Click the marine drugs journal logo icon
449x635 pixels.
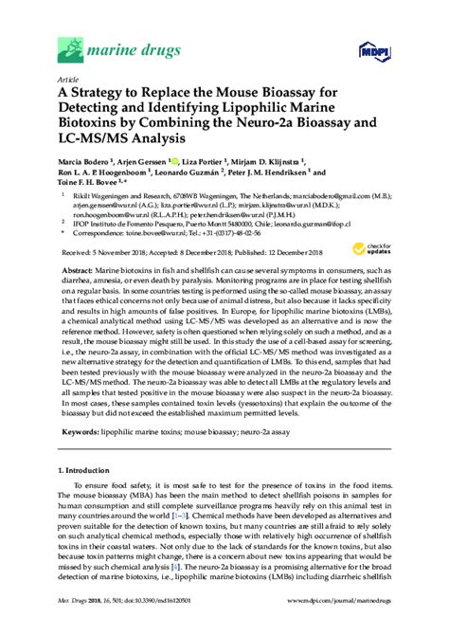pyautogui.click(x=71, y=44)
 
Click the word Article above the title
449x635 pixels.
pyautogui.click(x=69, y=81)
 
